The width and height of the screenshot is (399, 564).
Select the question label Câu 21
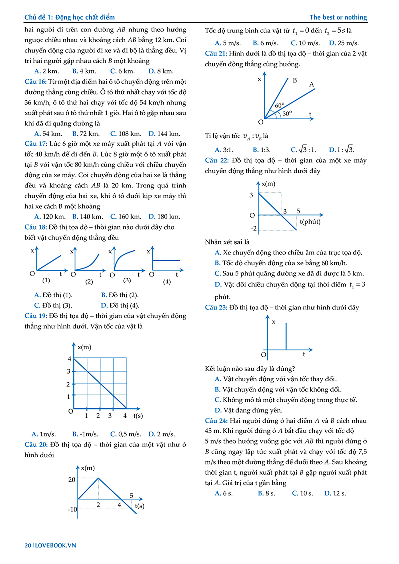[216, 54]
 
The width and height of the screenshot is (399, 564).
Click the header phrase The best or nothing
[338, 17]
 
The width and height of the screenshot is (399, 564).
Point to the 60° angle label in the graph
[279, 106]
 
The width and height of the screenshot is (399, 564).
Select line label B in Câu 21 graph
[295, 80]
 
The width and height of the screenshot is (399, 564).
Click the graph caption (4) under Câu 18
[167, 282]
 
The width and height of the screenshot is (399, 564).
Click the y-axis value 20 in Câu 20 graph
[72, 479]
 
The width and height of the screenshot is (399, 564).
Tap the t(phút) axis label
[310, 221]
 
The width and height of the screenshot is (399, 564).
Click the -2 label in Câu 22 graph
[253, 229]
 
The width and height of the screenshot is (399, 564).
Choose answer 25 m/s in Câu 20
[341, 43]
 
